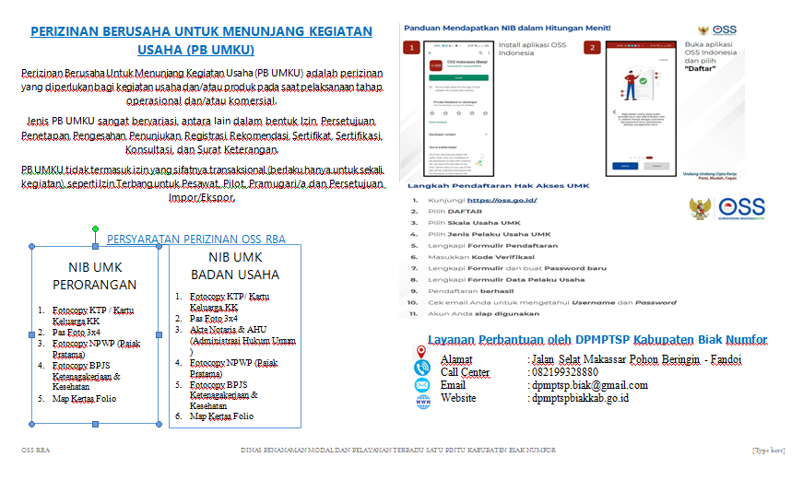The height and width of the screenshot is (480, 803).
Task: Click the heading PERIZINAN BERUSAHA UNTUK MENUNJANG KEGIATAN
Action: (201, 32)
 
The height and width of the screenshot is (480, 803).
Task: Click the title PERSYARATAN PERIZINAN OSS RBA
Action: (196, 239)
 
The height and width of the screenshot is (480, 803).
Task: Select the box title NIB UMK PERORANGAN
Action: (95, 275)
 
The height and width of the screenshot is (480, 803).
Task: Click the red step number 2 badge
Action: (592, 47)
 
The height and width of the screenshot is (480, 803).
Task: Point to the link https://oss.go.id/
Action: (502, 200)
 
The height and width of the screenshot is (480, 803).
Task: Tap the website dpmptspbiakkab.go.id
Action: (579, 398)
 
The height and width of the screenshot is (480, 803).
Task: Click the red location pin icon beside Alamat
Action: (421, 352)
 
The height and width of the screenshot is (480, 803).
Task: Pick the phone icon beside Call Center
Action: (422, 369)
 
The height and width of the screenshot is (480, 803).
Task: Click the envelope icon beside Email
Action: (422, 385)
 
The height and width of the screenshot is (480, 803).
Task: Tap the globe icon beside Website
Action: (422, 401)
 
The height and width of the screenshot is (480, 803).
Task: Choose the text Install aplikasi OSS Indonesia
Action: (532, 50)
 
